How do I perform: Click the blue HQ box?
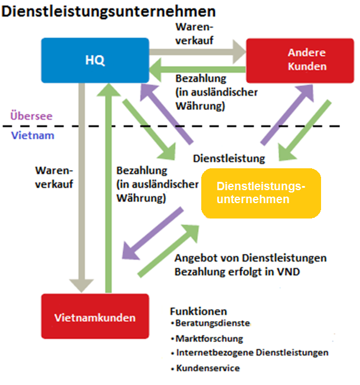coord(95,60)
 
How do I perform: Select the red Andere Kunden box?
coord(300,61)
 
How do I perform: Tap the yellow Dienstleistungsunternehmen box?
coord(261,193)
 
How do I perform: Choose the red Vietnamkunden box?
coord(95,317)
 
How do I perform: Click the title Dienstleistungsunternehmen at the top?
coord(108,11)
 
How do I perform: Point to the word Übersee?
coord(31,116)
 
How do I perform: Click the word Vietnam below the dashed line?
coord(32,135)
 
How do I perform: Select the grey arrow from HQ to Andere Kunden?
coord(198,52)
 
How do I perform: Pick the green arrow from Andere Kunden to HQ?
coord(198,70)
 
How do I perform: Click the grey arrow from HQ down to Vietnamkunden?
coord(81,188)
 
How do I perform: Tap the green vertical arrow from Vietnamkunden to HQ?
coord(109,188)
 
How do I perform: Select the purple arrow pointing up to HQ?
coord(166,114)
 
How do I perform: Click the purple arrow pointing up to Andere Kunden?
coord(287,115)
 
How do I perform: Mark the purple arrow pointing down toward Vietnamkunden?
coord(153,233)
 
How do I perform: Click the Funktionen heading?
coord(198,311)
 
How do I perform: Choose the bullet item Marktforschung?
coord(207,338)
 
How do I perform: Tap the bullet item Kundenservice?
coord(205,368)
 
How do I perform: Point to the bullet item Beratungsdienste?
coord(211,323)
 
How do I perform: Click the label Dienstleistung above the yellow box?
coord(229,159)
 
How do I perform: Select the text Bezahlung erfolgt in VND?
coord(237,272)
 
